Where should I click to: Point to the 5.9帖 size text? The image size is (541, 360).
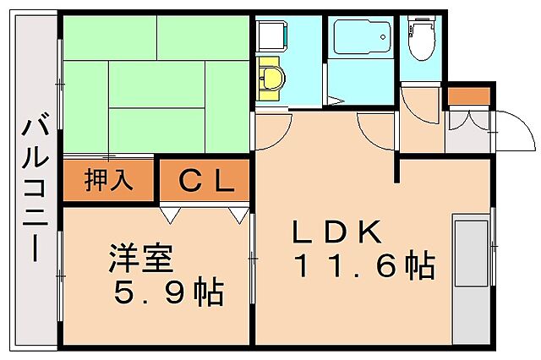pos(168,292)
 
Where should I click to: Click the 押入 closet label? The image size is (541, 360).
pos(108,181)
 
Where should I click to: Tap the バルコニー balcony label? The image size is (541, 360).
pos(35,190)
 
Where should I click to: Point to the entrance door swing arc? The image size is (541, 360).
pos(516,131)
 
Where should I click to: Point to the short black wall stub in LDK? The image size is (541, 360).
pos(396,168)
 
